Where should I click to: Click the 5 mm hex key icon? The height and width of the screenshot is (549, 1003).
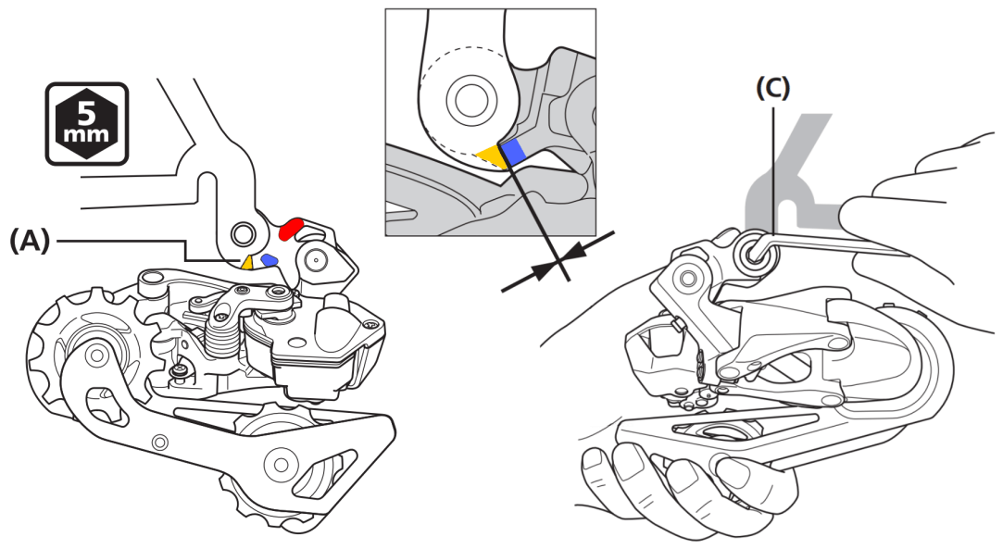coord(87,123)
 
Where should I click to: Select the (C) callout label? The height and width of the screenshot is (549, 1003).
coord(773,88)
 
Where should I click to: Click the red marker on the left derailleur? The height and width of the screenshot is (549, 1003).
coord(291,225)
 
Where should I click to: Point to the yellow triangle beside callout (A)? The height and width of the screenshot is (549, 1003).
coord(247,262)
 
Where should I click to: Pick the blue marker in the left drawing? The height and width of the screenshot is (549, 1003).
coord(270,260)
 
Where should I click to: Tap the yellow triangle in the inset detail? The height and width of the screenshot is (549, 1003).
coord(490,157)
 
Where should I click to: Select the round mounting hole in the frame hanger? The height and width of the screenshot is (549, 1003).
coord(244,231)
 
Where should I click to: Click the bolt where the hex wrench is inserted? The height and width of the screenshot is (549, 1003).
coord(751,252)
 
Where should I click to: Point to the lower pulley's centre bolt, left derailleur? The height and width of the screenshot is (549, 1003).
coord(278,460)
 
